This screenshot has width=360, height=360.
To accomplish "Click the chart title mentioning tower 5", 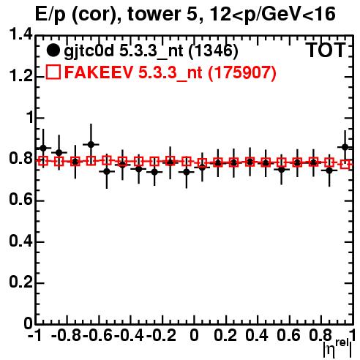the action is [185, 14].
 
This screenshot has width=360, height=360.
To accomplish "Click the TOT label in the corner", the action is [326, 50].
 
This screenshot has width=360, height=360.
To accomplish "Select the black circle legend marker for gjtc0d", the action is [53, 50].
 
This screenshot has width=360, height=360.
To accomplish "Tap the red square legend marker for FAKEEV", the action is [53, 72].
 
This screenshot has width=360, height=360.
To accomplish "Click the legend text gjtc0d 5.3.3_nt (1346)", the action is [151, 51].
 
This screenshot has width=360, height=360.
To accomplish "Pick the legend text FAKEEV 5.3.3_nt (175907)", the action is [170, 72].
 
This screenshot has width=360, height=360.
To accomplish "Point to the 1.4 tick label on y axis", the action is [20, 35].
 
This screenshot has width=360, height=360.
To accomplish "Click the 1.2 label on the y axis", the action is [20, 76].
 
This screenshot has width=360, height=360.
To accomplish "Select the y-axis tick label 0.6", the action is [20, 200].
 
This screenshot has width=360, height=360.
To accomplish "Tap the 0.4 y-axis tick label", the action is [20, 241].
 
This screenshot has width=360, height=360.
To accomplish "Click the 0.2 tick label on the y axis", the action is [20, 282].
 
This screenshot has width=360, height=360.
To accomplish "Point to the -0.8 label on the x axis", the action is [66, 336].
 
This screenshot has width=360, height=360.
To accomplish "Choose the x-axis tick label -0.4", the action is [129, 336].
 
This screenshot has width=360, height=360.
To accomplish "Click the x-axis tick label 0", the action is [194, 336].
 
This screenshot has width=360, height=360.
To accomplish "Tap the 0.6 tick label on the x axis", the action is [288, 336].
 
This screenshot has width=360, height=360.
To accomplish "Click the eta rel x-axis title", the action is [337, 348].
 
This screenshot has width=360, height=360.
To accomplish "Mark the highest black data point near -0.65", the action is [91, 144].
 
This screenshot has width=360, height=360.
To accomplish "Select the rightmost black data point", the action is [345, 147].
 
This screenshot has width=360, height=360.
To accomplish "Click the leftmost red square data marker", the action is [43, 161].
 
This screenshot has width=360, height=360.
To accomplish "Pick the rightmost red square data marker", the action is [345, 164].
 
